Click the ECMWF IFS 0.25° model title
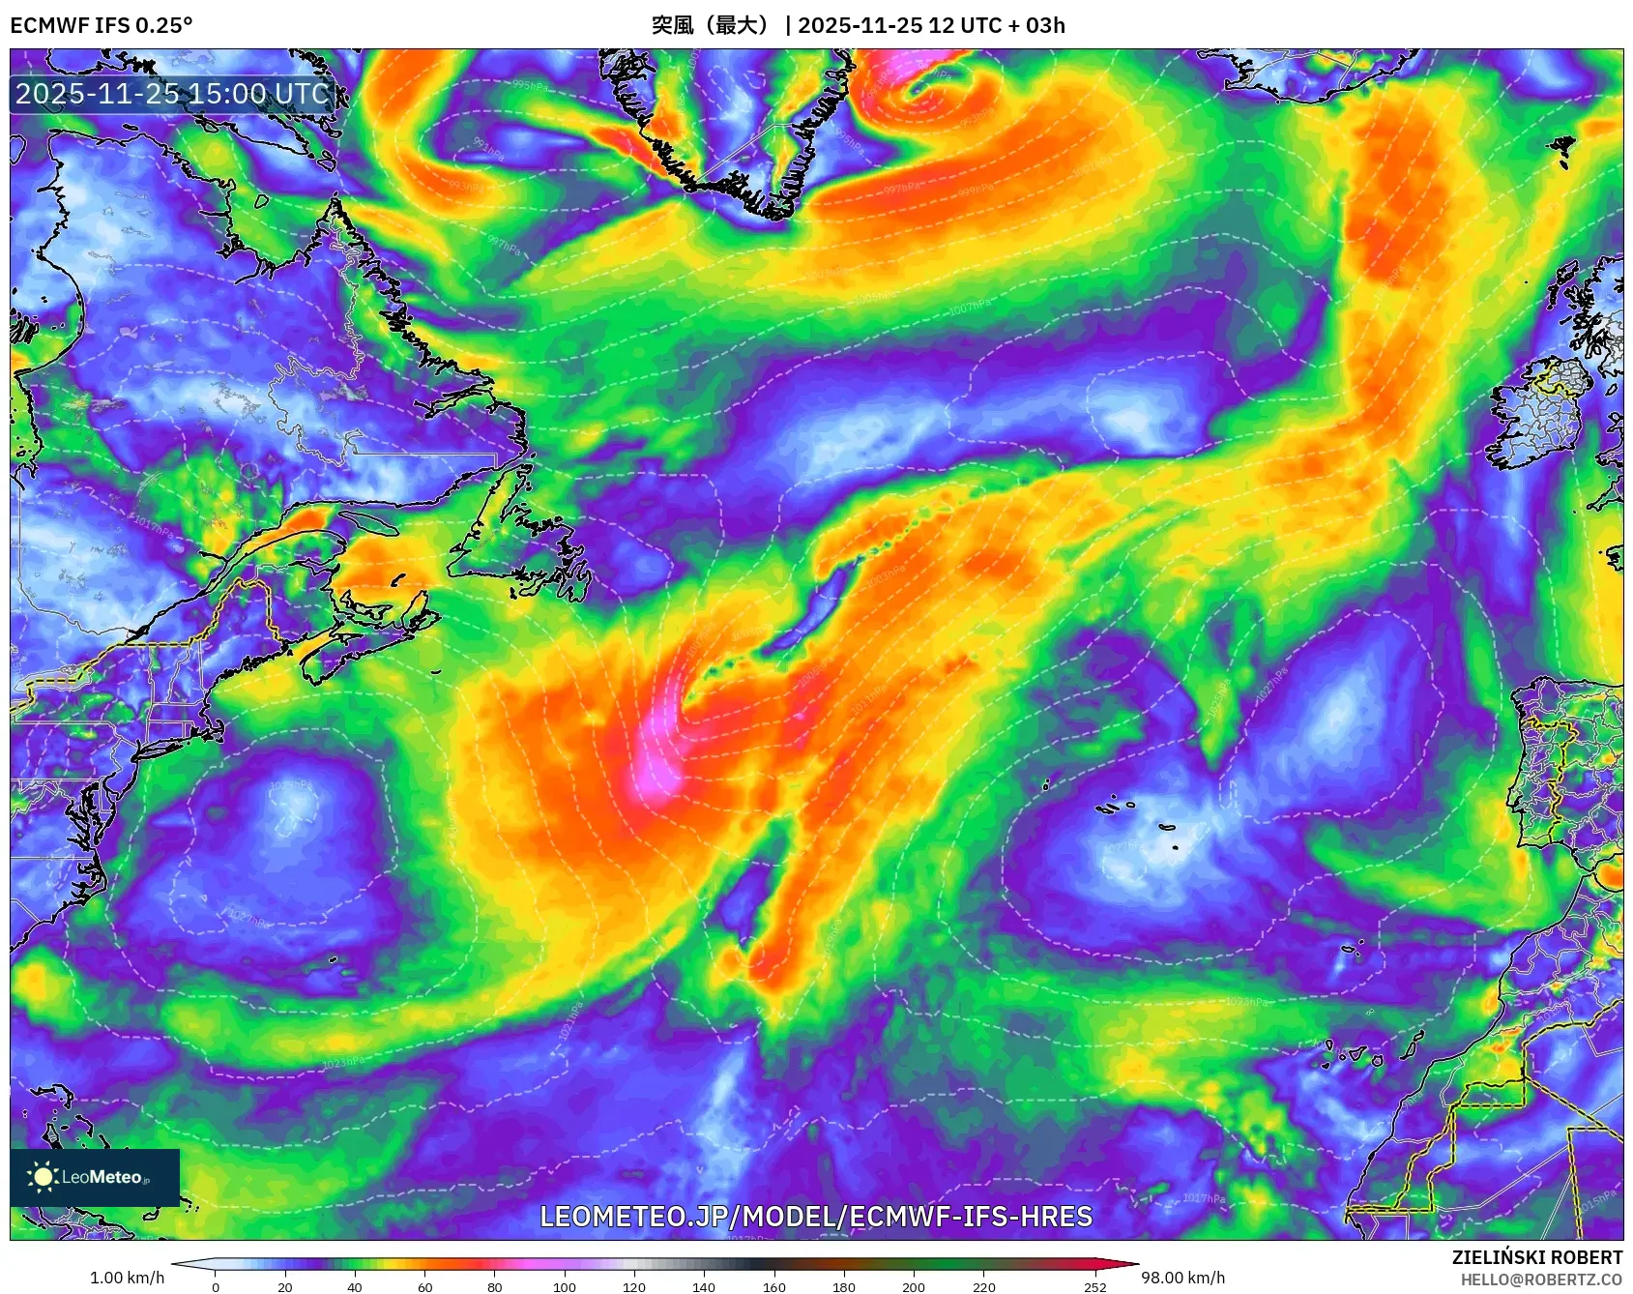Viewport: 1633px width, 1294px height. tap(102, 25)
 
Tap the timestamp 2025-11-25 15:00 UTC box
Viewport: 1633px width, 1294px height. tap(172, 94)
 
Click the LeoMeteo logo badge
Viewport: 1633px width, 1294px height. tap(95, 1177)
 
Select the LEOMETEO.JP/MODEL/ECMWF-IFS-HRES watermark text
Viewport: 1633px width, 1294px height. tap(816, 1217)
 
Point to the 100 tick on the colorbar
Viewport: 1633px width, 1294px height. tap(565, 1286)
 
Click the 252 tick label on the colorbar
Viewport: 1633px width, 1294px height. tap(1094, 1286)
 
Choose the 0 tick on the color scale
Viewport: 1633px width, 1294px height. tap(216, 1286)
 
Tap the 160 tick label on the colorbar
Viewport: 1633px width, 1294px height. tap(773, 1286)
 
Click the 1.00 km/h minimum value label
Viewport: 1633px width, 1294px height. tap(127, 1278)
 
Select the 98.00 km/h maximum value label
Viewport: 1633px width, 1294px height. tap(1182, 1278)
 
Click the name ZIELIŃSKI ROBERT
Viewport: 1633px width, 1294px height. tap(1536, 1257)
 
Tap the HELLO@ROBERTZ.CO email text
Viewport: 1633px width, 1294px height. tap(1541, 1279)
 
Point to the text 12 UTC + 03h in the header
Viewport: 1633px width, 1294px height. tap(996, 25)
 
